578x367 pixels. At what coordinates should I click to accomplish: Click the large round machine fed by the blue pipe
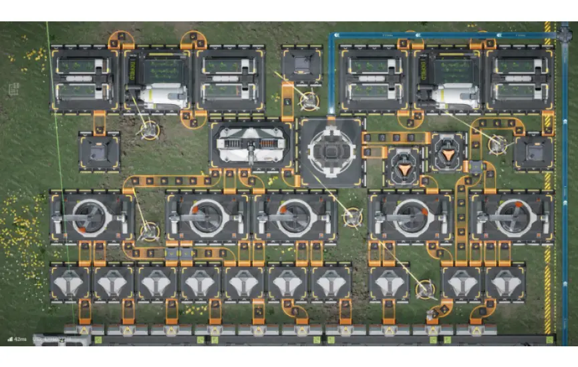pyautogui.click(x=331, y=151)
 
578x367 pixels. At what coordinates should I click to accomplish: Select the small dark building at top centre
pyautogui.click(x=301, y=65)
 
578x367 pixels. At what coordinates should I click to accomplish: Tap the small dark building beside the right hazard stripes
pyautogui.click(x=533, y=151)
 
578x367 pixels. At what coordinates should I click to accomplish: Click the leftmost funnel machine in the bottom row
pyautogui.click(x=70, y=282)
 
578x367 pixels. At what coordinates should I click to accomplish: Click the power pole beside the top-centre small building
pyautogui.click(x=308, y=101)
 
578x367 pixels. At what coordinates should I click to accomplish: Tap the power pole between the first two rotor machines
pyautogui.click(x=149, y=232)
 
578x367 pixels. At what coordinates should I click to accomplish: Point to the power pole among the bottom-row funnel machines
pyautogui.click(x=424, y=289)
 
